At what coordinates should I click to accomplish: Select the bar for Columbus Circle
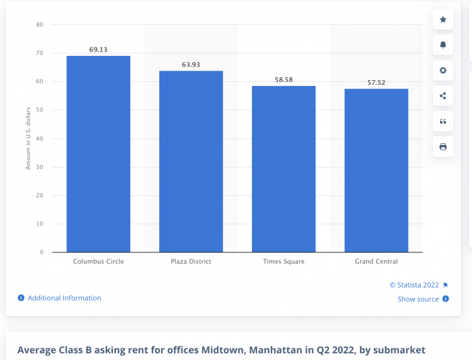pyautogui.click(x=98, y=154)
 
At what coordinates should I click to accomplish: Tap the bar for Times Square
pyautogui.click(x=283, y=169)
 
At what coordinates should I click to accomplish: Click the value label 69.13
pyautogui.click(x=98, y=49)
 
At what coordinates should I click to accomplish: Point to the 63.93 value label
pyautogui.click(x=191, y=64)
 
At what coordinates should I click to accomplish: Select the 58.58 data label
pyautogui.click(x=283, y=79)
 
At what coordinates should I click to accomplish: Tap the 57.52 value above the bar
pyautogui.click(x=376, y=82)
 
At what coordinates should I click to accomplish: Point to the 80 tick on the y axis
pyautogui.click(x=39, y=25)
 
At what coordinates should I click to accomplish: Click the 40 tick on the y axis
pyautogui.click(x=39, y=138)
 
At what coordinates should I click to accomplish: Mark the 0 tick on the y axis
pyautogui.click(x=41, y=252)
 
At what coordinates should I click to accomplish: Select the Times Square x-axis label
pyautogui.click(x=283, y=262)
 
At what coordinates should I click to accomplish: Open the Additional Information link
pyautogui.click(x=64, y=298)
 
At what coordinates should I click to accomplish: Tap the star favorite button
pyautogui.click(x=442, y=20)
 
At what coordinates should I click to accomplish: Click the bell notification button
pyautogui.click(x=442, y=45)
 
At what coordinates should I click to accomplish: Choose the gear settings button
pyautogui.click(x=442, y=71)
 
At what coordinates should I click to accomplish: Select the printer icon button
pyautogui.click(x=442, y=147)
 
